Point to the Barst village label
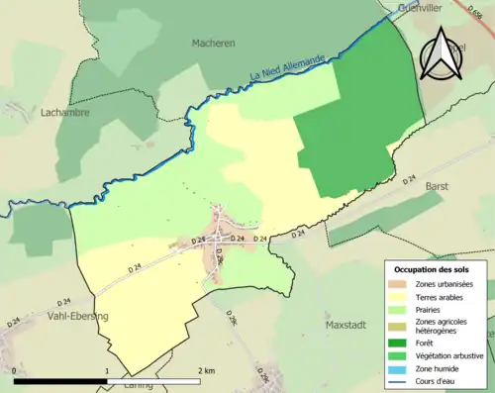click(437, 185)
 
